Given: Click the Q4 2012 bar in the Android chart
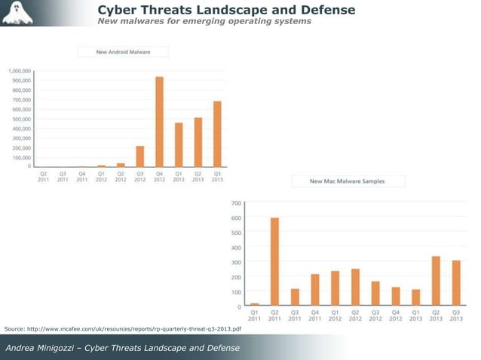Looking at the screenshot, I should click(159, 122).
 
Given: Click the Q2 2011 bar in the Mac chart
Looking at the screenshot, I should click(274, 262).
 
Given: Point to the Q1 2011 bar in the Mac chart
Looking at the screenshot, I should click(254, 305).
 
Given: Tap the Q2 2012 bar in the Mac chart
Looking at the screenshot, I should click(355, 288).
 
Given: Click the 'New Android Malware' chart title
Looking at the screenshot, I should click(124, 51).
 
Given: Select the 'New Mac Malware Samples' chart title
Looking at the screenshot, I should click(347, 181).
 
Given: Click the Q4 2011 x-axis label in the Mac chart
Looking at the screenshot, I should click(315, 316).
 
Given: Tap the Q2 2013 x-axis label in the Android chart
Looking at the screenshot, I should click(198, 176).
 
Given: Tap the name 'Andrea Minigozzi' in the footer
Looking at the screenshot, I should click(39, 347).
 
